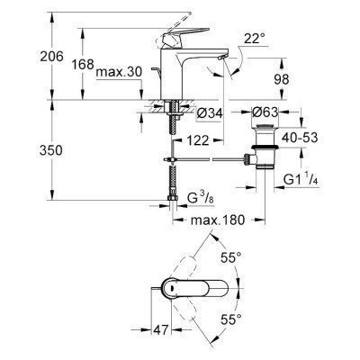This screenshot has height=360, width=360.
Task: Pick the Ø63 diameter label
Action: (270, 114)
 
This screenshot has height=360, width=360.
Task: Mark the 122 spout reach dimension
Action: (201, 140)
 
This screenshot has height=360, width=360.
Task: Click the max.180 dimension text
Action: (216, 220)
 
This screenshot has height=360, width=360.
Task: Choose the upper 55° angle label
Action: (232, 257)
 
